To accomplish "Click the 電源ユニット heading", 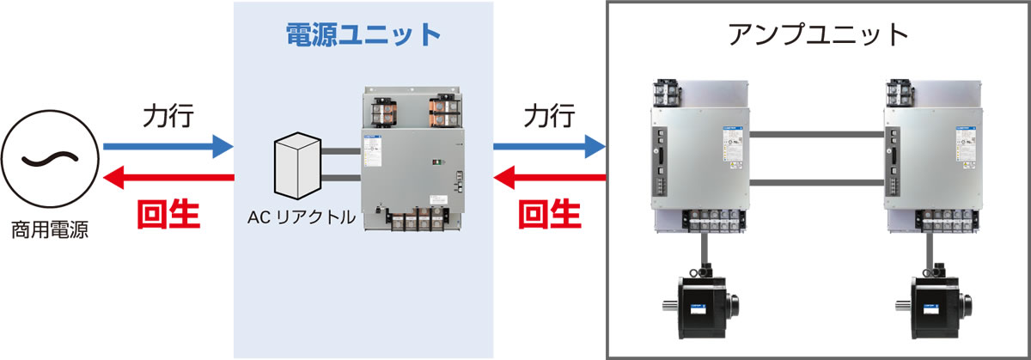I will [x=363, y=35].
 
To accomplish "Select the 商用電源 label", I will [x=49, y=229].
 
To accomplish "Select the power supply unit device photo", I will [x=412, y=160].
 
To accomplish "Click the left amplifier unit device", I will [x=701, y=158].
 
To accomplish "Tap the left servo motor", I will [x=701, y=306].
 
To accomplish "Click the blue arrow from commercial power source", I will [x=168, y=147].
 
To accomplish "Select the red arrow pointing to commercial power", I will [x=168, y=178].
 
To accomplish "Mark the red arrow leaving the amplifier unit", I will [x=550, y=178].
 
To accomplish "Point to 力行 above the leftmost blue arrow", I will [x=168, y=116].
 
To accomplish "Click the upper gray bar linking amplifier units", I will [x=817, y=134].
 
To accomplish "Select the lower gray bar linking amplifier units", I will [x=817, y=182].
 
